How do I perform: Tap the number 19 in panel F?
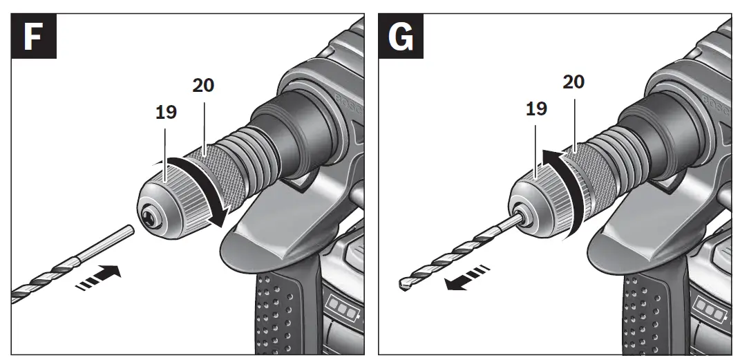[166, 112]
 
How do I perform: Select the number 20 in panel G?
[573, 82]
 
